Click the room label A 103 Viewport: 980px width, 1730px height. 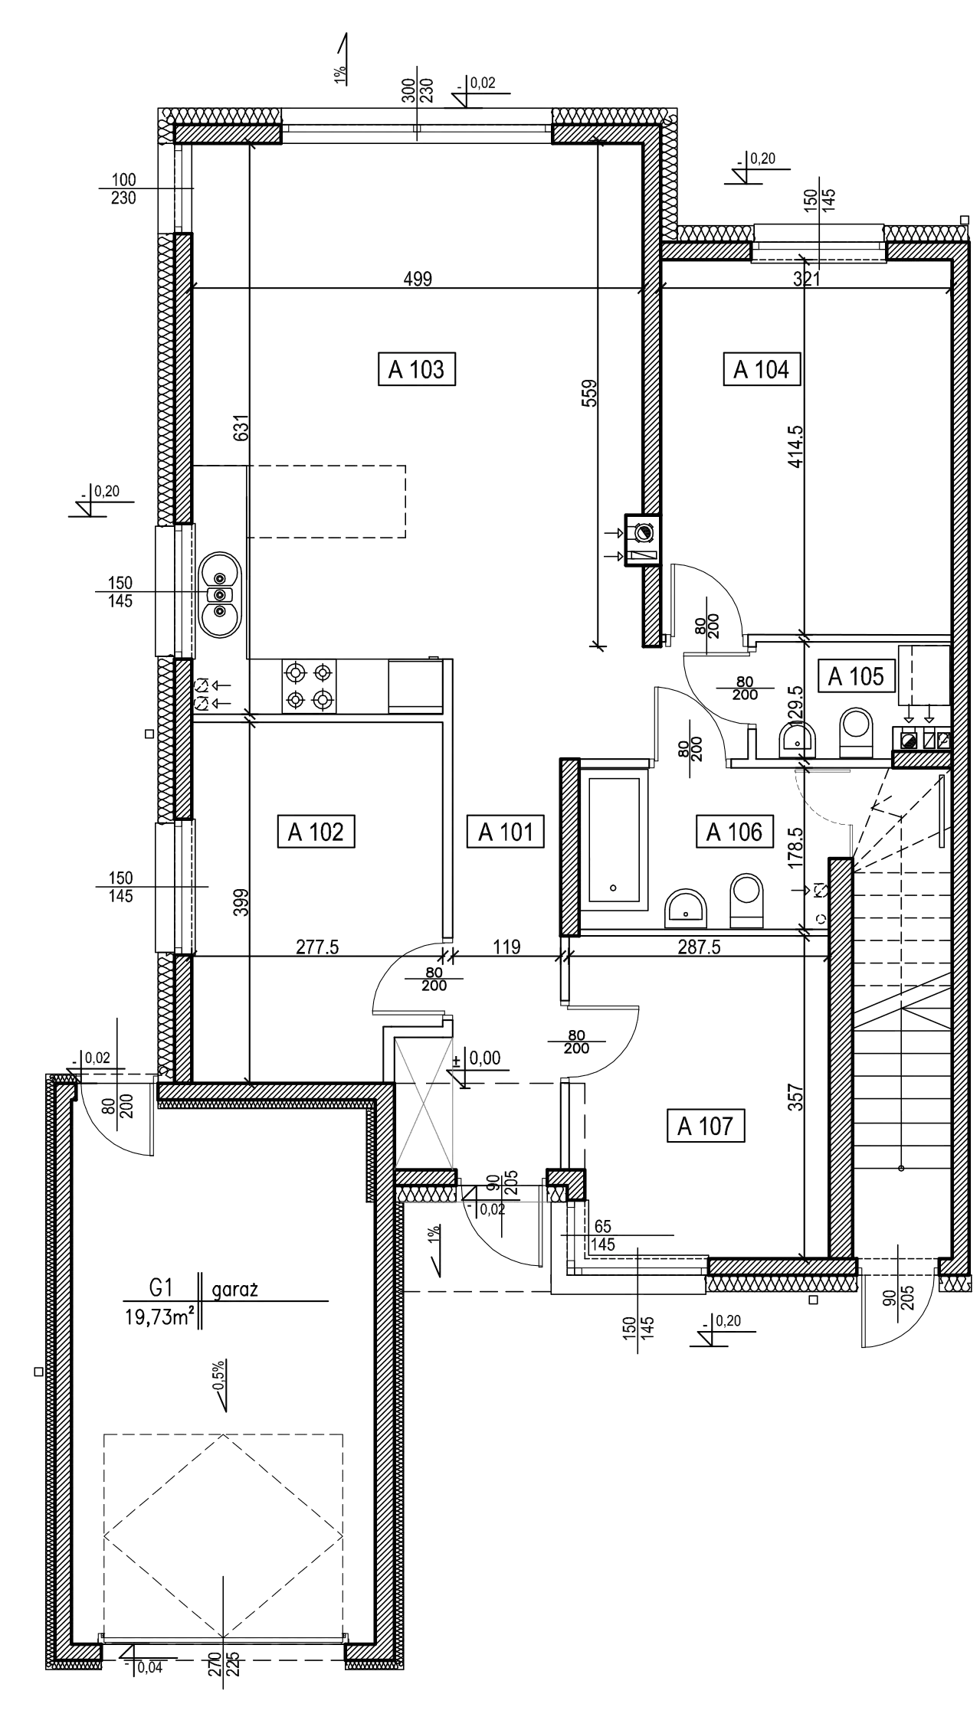[x=418, y=371]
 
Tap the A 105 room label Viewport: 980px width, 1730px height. [x=856, y=677]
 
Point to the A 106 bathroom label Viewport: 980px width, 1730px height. [x=734, y=832]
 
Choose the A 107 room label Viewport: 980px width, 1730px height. [x=706, y=1127]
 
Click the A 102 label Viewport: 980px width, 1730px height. [x=316, y=832]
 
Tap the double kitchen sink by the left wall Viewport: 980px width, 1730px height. [x=220, y=594]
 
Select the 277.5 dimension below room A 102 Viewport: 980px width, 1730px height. [x=317, y=947]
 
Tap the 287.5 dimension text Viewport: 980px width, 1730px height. [x=700, y=947]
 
